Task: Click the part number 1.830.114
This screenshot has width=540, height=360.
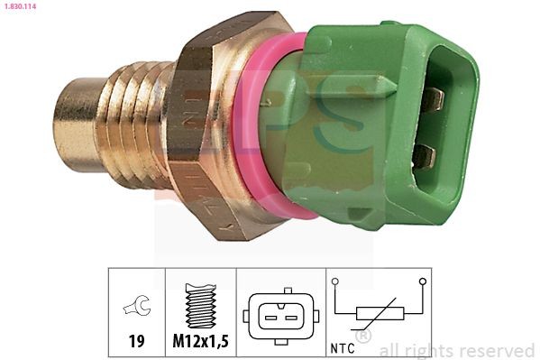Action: pyautogui.click(x=21, y=7)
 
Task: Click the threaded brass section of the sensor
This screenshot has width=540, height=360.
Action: pyautogui.click(x=135, y=122)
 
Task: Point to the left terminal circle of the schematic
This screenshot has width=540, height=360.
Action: pyautogui.click(x=334, y=282)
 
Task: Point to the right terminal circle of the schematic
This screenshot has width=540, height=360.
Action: pyautogui.click(x=422, y=282)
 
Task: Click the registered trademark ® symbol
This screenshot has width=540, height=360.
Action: pyautogui.click(x=364, y=337)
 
